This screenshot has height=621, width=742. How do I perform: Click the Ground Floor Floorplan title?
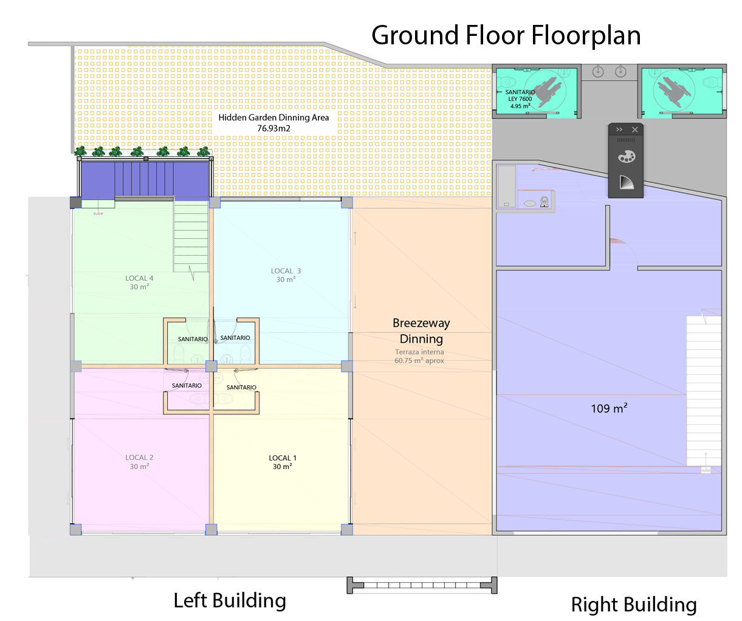[x=506, y=35]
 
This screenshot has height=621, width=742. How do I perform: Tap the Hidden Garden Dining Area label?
[x=273, y=118]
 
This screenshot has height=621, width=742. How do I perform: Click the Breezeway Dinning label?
[x=421, y=331]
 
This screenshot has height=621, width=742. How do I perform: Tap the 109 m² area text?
[x=609, y=408]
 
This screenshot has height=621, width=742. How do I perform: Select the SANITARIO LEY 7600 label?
[x=520, y=99]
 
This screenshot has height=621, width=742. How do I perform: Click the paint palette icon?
[x=626, y=157]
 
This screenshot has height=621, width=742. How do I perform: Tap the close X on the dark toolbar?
[x=635, y=129]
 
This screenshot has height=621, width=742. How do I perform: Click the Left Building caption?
[x=230, y=600]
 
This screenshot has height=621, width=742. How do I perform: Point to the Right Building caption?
[x=634, y=605]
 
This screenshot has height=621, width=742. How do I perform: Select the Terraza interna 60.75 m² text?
[x=419, y=357]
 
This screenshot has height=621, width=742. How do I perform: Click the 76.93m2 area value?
[x=273, y=129]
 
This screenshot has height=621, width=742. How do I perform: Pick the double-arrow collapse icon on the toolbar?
[x=619, y=129]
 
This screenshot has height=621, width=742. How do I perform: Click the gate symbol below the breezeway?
[x=422, y=585]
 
